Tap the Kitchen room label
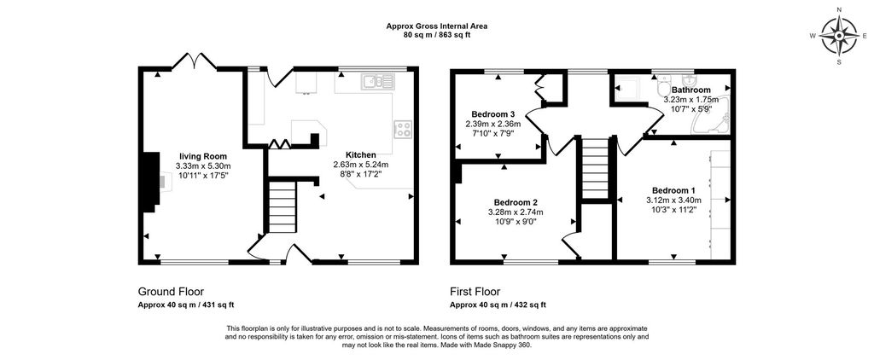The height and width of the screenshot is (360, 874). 361,154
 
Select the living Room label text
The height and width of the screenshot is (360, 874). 202,155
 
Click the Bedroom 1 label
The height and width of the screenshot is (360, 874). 673,189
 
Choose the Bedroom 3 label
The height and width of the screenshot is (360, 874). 492,114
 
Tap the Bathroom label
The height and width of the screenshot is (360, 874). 690,90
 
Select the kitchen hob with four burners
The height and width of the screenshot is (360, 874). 403,130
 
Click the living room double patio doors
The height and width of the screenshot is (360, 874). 195,61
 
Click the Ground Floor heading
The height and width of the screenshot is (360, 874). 171,291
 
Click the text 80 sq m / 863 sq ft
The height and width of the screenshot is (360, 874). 436,35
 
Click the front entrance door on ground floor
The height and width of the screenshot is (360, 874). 294,253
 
